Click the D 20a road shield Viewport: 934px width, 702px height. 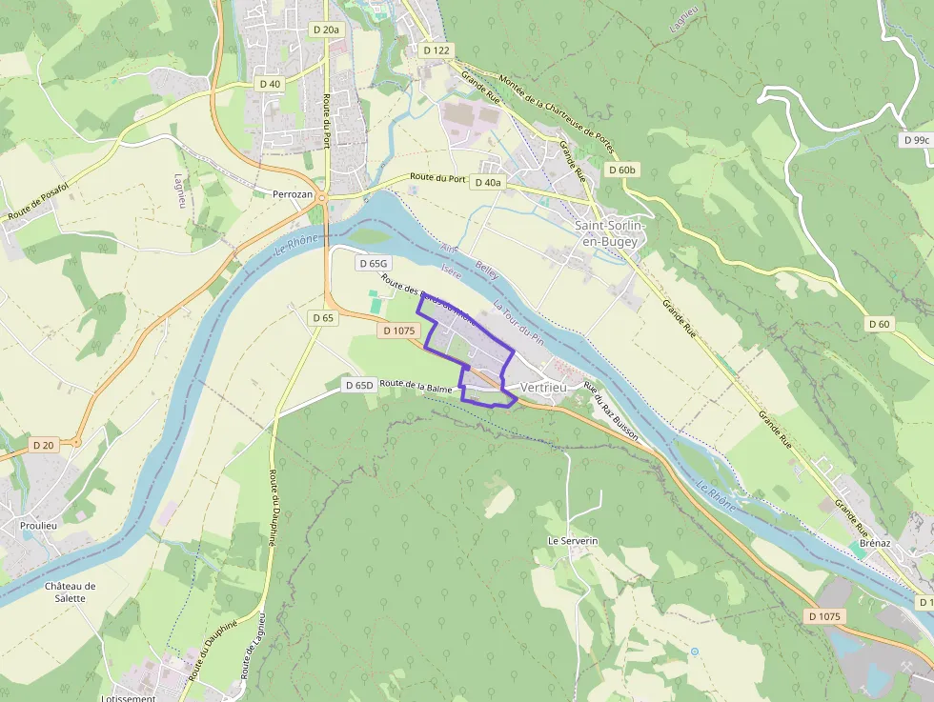tap(326, 30)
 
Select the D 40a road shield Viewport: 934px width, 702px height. tap(487, 182)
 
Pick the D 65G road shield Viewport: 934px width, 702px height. tap(373, 263)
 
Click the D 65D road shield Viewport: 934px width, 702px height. tap(358, 385)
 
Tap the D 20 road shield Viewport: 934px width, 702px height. tap(44, 445)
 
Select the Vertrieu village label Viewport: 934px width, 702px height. tap(543, 388)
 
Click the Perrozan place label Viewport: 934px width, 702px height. tap(293, 192)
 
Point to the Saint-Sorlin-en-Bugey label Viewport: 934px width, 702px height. tap(609, 233)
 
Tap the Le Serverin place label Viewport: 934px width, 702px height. tap(572, 540)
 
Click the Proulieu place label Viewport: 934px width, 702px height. tap(40, 525)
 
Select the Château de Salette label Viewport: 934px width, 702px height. tap(71, 592)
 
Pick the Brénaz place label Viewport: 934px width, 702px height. tap(874, 542)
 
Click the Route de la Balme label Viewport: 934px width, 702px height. tap(416, 386)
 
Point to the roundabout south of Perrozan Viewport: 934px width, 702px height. tap(324, 198)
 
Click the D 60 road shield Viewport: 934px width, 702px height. tap(879, 324)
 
